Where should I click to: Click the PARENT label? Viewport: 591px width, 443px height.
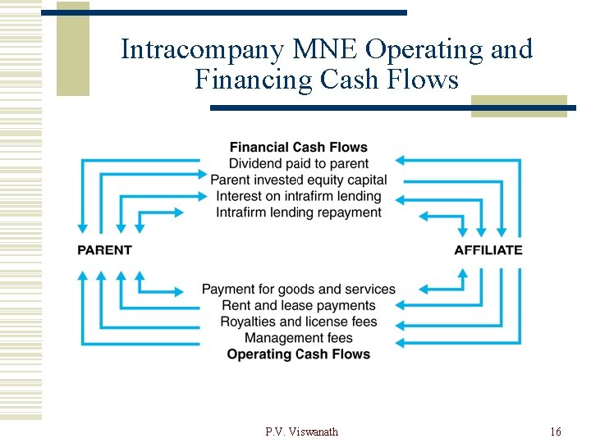pyautogui.click(x=104, y=249)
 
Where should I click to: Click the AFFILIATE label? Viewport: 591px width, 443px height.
pyautogui.click(x=488, y=249)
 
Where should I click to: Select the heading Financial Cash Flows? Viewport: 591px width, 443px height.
pyautogui.click(x=298, y=148)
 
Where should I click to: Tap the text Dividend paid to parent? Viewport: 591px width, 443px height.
pyautogui.click(x=298, y=164)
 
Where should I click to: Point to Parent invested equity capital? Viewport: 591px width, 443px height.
pyautogui.click(x=298, y=180)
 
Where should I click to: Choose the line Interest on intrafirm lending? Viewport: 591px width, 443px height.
pyautogui.click(x=298, y=196)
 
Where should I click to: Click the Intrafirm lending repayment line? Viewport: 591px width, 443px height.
pyautogui.click(x=298, y=212)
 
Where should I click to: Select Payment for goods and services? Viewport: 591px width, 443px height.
pyautogui.click(x=298, y=290)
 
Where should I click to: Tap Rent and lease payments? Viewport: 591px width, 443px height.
pyautogui.click(x=298, y=306)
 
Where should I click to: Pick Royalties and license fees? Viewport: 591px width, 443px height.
pyautogui.click(x=298, y=322)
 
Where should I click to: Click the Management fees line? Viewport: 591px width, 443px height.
pyautogui.click(x=298, y=338)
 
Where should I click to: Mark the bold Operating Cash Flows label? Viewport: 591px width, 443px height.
pyautogui.click(x=298, y=354)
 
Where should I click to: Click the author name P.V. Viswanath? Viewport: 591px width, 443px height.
pyautogui.click(x=301, y=432)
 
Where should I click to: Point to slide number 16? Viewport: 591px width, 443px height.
pyautogui.click(x=556, y=432)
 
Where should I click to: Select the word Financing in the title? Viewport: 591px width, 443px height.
pyautogui.click(x=254, y=80)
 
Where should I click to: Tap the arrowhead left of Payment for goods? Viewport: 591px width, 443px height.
pyautogui.click(x=180, y=290)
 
